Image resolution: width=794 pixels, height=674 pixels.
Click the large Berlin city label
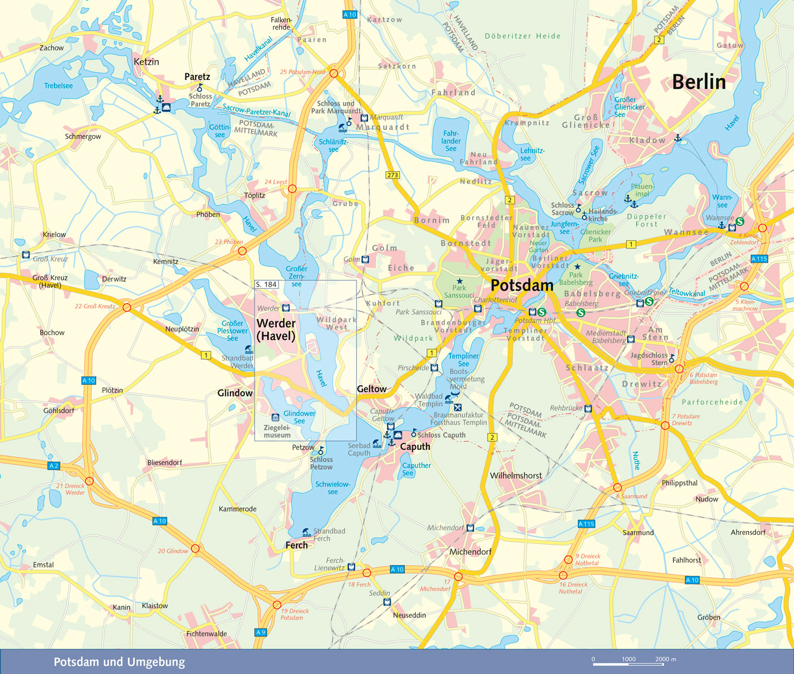[699, 82]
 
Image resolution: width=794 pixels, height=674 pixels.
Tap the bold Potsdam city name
[522, 285]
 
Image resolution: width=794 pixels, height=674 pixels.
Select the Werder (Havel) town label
[276, 330]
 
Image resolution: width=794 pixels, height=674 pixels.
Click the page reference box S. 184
[267, 284]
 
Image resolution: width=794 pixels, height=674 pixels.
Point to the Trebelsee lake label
[58, 86]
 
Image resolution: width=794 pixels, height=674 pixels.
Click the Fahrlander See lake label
[451, 141]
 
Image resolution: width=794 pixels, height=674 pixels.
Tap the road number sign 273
[392, 175]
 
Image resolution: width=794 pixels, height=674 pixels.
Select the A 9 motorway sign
[260, 632]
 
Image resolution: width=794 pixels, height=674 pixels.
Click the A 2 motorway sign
[53, 466]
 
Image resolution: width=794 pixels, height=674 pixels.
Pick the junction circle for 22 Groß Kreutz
[127, 307]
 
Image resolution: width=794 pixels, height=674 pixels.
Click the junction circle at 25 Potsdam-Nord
[334, 73]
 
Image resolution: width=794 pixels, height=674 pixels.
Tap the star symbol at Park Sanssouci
[459, 281]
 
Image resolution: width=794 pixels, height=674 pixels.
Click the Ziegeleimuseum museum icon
[276, 417]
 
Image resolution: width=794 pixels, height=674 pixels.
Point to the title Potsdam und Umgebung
[119, 662]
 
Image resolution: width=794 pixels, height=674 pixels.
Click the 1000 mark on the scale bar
[628, 659]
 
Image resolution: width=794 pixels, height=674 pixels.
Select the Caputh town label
[415, 447]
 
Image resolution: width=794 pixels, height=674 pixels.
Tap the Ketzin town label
[146, 62]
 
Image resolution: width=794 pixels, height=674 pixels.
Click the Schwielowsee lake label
[333, 488]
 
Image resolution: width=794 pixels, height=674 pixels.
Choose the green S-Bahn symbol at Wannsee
[740, 221]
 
